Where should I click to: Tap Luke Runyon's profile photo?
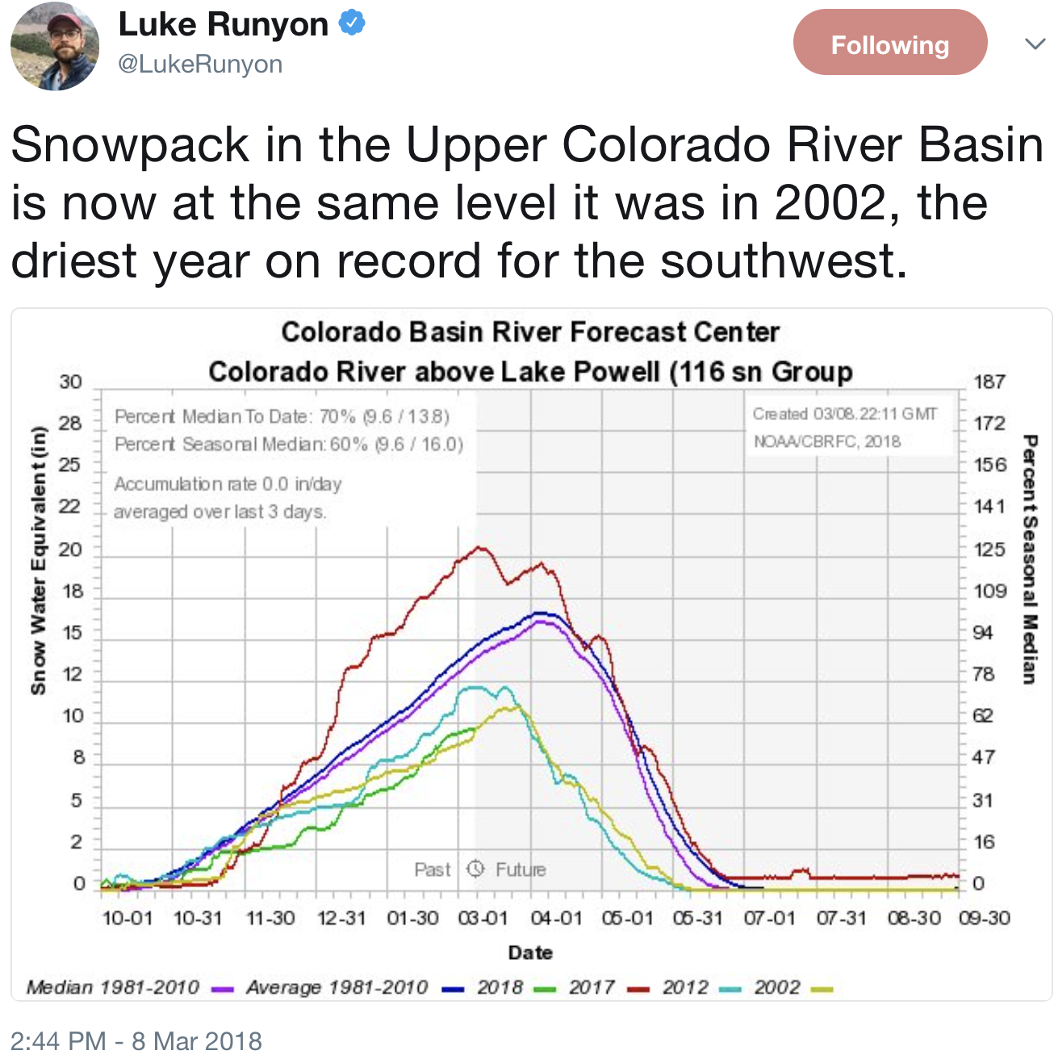click(55, 47)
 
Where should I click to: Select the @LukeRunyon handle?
click(200, 65)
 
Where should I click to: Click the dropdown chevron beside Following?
click(1035, 44)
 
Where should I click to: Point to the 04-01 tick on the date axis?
click(556, 918)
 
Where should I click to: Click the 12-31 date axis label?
click(341, 918)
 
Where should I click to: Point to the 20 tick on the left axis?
click(71, 549)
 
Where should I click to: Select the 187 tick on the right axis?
click(989, 381)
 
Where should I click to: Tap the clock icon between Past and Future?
click(475, 869)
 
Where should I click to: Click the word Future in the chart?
click(521, 869)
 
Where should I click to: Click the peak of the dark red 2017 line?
click(480, 548)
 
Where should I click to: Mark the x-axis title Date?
click(530, 953)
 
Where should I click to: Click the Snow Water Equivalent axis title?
click(38, 561)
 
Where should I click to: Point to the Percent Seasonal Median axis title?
click(1029, 559)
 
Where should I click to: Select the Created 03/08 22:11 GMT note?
click(844, 414)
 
